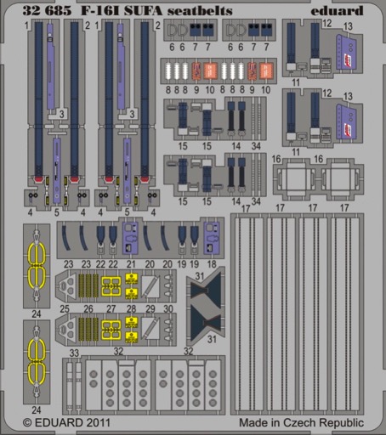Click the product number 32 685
pyautogui.click(x=47, y=10)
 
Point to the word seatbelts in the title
pyautogui.click(x=200, y=10)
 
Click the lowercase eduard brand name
pyautogui.click(x=337, y=10)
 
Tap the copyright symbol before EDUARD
pyautogui.click(x=27, y=423)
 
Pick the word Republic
pyautogui.click(x=342, y=423)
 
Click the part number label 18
pyautogui.click(x=212, y=264)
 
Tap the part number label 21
pyautogui.click(x=131, y=264)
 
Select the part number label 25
pyautogui.click(x=65, y=308)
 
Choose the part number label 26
pyautogui.click(x=88, y=308)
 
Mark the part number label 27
pyautogui.click(x=111, y=308)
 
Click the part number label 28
pyautogui.click(x=131, y=308)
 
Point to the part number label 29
pyautogui.click(x=150, y=308)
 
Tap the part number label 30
pyautogui.click(x=168, y=308)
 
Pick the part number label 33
pyautogui.click(x=74, y=353)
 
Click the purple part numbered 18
pyautogui.click(x=212, y=238)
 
